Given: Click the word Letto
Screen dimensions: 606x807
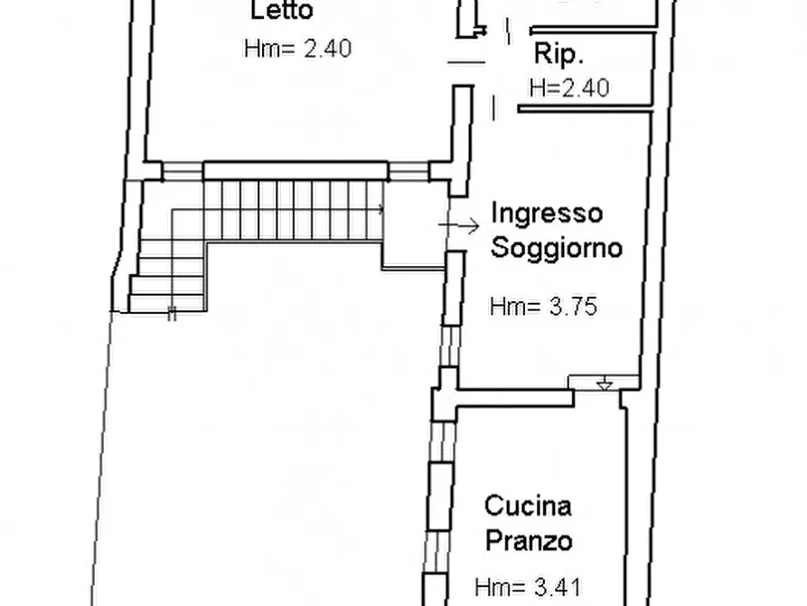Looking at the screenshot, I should (281, 12).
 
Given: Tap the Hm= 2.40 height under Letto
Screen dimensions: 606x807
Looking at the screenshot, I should (297, 48).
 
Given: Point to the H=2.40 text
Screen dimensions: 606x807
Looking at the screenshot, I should (568, 88).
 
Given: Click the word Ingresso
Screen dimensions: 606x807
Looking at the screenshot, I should (547, 213).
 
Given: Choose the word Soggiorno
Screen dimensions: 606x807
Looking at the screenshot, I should (557, 247).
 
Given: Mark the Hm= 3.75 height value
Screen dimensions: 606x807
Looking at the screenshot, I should (544, 307).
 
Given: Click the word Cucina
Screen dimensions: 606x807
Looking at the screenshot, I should (528, 505).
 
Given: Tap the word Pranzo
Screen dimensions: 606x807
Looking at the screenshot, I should (529, 541).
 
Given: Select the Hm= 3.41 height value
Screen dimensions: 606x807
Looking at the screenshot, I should (530, 585).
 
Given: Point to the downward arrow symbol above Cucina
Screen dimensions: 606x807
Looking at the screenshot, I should (605, 384).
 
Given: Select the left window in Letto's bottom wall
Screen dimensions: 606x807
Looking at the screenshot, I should (183, 170).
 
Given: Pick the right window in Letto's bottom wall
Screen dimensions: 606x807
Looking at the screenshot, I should (408, 170).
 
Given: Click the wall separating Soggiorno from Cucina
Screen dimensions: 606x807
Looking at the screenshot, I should (511, 397).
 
